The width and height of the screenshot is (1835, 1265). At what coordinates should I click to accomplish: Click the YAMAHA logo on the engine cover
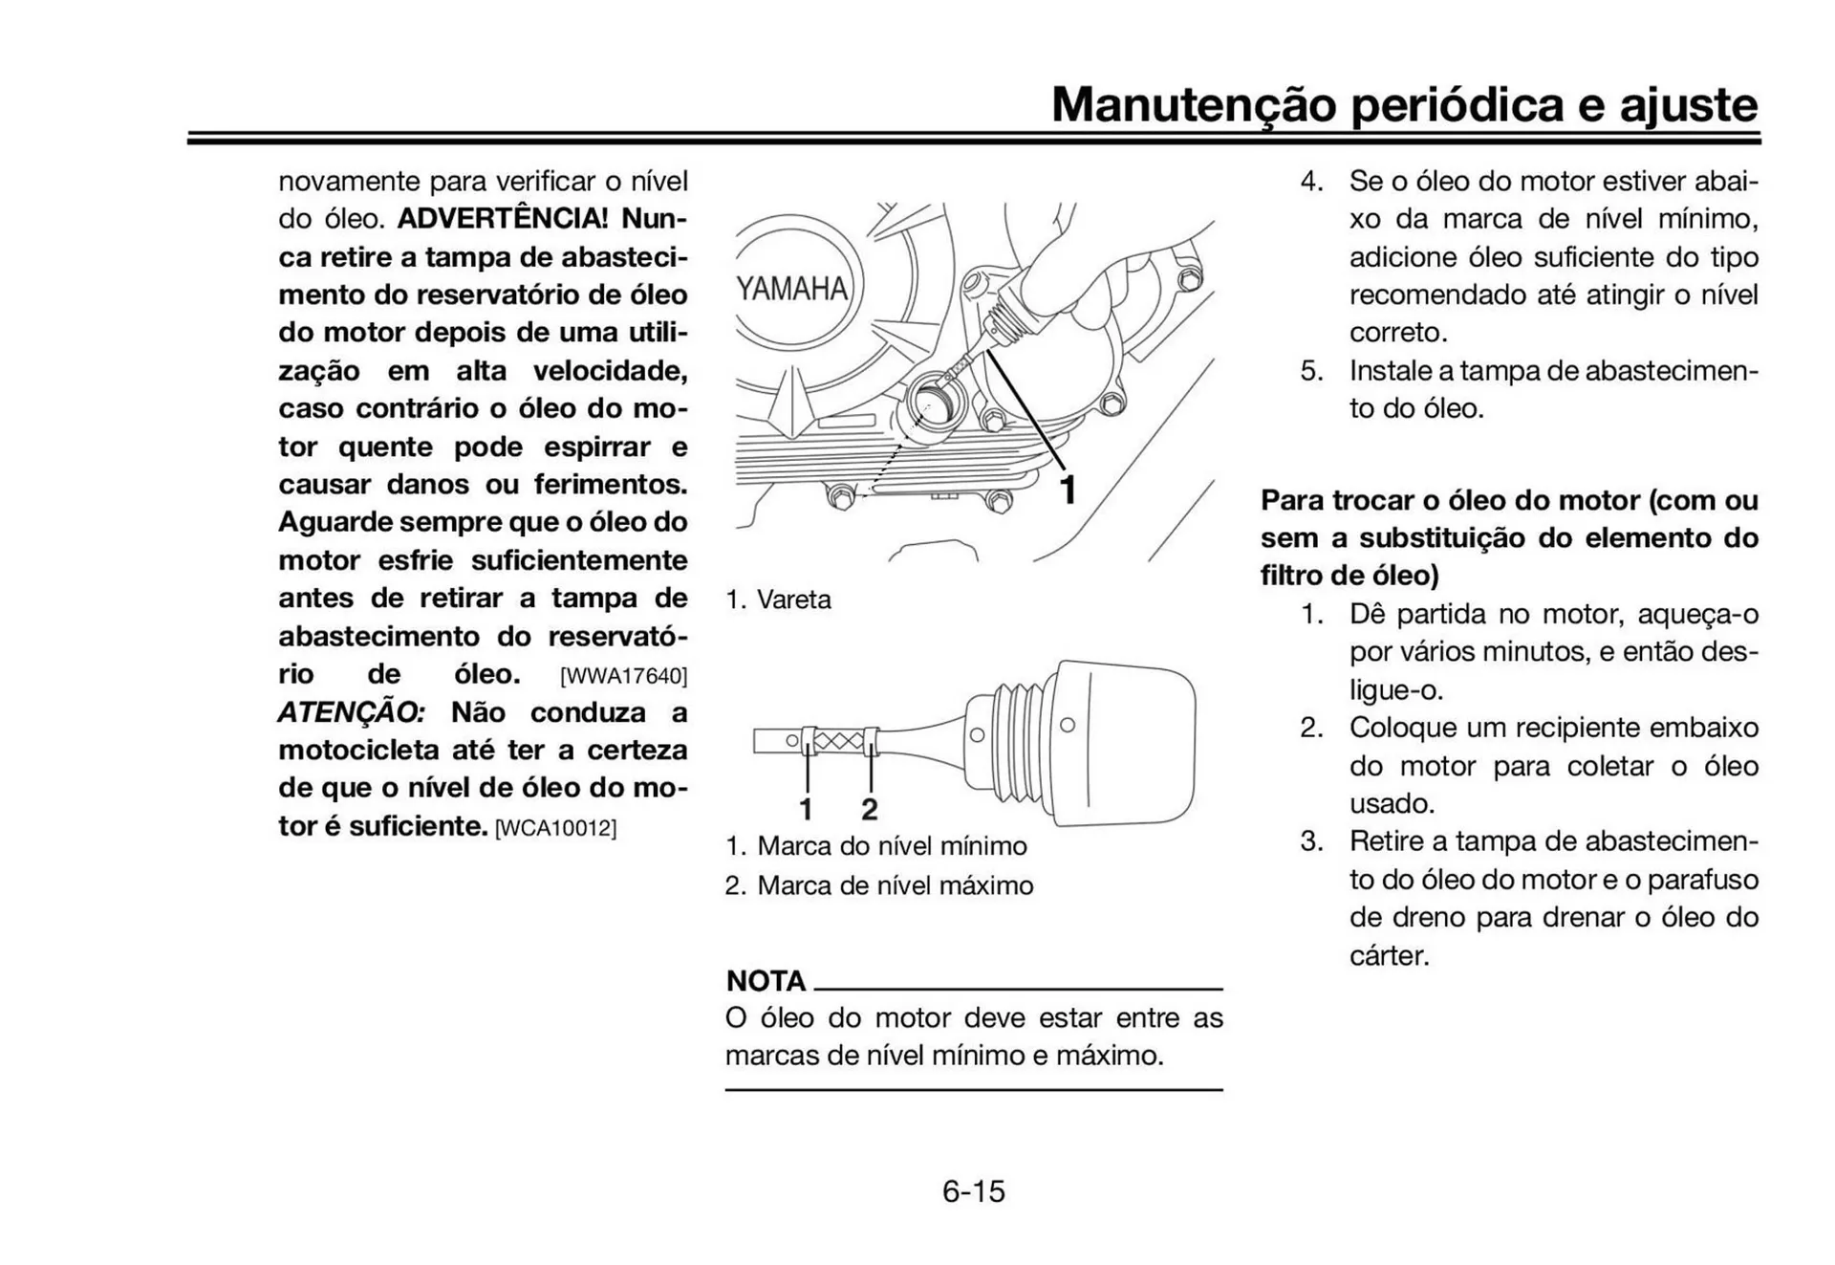pyautogui.click(x=791, y=289)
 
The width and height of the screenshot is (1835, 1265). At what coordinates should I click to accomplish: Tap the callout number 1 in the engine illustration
pyautogui.click(x=1069, y=491)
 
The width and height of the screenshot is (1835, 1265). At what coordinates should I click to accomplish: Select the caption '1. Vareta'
pyautogui.click(x=778, y=600)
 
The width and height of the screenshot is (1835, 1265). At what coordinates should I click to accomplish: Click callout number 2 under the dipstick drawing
pyautogui.click(x=869, y=810)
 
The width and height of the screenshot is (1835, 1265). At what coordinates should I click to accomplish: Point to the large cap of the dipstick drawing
pyautogui.click(x=1128, y=742)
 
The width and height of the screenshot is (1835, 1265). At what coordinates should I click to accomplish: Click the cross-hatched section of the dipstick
pyautogui.click(x=838, y=741)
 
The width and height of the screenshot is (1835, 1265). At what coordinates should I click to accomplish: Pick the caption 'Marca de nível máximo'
pyautogui.click(x=895, y=885)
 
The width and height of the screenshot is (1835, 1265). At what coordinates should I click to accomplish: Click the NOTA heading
pyautogui.click(x=766, y=981)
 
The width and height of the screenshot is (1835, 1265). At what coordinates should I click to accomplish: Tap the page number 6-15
pyautogui.click(x=973, y=1191)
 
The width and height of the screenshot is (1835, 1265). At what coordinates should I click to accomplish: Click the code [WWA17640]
pyautogui.click(x=623, y=676)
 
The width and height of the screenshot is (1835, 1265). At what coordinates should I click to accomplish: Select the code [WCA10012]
pyautogui.click(x=555, y=828)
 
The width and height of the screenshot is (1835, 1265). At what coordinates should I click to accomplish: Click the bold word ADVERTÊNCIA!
pyautogui.click(x=503, y=219)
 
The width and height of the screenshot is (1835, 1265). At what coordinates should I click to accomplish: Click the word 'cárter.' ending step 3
pyautogui.click(x=1389, y=955)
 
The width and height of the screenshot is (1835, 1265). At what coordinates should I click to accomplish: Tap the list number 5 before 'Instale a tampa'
pyautogui.click(x=1310, y=371)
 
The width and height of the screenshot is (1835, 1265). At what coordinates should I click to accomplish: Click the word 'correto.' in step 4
pyautogui.click(x=1398, y=333)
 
